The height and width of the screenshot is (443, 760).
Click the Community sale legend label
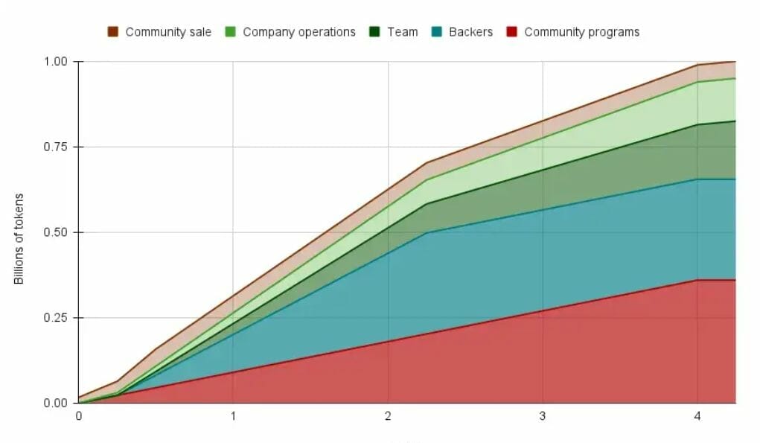pyautogui.click(x=168, y=32)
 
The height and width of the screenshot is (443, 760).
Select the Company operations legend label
pyautogui.click(x=299, y=32)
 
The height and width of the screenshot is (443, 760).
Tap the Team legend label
pyautogui.click(x=403, y=32)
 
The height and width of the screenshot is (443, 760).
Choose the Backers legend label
pyautogui.click(x=470, y=32)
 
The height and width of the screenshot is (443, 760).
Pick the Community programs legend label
pyautogui.click(x=581, y=32)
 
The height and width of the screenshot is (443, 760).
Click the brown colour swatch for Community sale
pyautogui.click(x=113, y=32)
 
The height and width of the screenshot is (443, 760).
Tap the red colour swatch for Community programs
pyautogui.click(x=512, y=32)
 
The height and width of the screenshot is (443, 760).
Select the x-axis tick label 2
pyautogui.click(x=388, y=417)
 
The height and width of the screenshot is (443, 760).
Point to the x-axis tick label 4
pyautogui.click(x=697, y=417)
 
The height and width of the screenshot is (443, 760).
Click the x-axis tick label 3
pyautogui.click(x=543, y=417)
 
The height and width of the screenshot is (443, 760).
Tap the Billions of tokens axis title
pyautogui.click(x=19, y=238)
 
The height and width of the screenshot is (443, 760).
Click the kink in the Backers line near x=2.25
pyautogui.click(x=427, y=233)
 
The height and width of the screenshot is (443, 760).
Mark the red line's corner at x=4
pyautogui.click(x=697, y=280)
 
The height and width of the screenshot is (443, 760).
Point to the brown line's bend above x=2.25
pyautogui.click(x=427, y=163)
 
